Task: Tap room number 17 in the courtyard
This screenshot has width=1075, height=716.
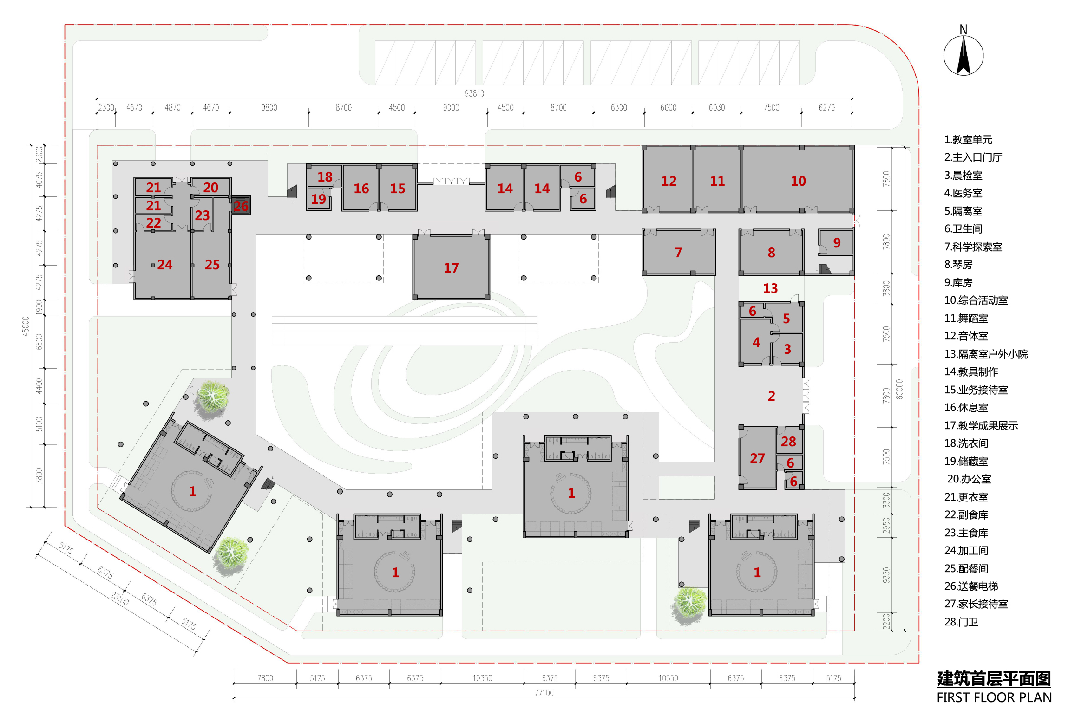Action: pyautogui.click(x=451, y=268)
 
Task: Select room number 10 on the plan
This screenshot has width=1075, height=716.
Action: pyautogui.click(x=798, y=181)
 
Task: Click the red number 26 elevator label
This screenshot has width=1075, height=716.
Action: pyautogui.click(x=241, y=206)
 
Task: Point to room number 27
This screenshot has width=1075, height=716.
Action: pyautogui.click(x=757, y=458)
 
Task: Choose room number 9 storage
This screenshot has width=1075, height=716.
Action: pyautogui.click(x=837, y=243)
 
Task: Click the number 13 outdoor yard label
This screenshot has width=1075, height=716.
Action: pyautogui.click(x=770, y=288)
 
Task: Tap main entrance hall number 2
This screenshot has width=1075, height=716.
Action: pyautogui.click(x=771, y=396)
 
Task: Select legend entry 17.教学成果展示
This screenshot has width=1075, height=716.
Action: pyautogui.click(x=981, y=425)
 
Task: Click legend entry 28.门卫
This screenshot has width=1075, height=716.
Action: pyautogui.click(x=961, y=622)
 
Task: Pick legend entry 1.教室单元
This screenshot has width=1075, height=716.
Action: pyautogui.click(x=968, y=139)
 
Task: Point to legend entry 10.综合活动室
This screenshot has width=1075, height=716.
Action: pyautogui.click(x=976, y=300)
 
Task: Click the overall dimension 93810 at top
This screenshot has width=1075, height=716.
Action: pyautogui.click(x=474, y=93)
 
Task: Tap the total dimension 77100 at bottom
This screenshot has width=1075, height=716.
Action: pyautogui.click(x=544, y=693)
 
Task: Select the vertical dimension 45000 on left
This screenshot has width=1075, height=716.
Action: pyautogui.click(x=26, y=326)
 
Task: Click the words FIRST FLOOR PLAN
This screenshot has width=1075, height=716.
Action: pyautogui.click(x=994, y=697)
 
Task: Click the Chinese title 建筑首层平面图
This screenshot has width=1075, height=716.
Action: pyautogui.click(x=994, y=679)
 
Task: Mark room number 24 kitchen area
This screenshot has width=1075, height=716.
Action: pyautogui.click(x=164, y=265)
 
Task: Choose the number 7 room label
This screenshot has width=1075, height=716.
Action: pyautogui.click(x=678, y=253)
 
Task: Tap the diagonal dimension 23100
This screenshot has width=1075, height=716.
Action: pyautogui.click(x=119, y=598)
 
